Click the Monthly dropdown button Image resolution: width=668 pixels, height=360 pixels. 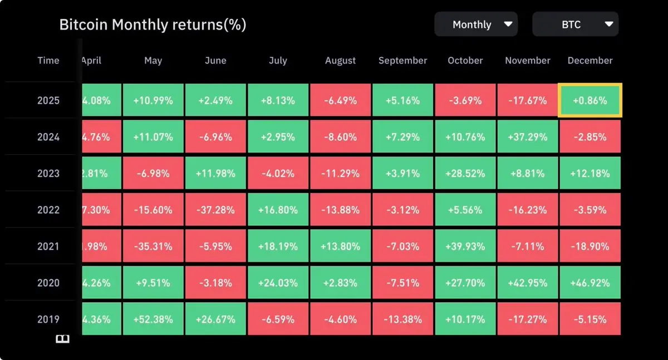pos(476,24)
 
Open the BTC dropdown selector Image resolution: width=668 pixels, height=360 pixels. pos(575,24)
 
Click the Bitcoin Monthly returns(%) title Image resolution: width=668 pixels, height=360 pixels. pos(153,24)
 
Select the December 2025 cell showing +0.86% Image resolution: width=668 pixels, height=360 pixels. pos(590,101)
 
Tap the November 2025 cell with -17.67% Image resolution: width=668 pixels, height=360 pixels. pos(527,101)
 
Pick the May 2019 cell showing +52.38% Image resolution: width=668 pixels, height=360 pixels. pos(153,319)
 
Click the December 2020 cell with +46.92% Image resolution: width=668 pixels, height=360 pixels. pos(590,283)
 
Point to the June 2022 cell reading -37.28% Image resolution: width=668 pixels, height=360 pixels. pos(215,210)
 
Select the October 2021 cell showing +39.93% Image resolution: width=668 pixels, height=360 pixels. pos(465,246)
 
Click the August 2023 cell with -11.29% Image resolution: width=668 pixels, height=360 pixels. pos(340,173)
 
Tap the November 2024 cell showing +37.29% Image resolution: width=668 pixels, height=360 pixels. pos(527,137)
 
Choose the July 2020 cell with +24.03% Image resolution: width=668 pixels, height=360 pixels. pos(278,283)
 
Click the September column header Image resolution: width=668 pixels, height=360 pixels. pos(402,61)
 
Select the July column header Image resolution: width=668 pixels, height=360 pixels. pos(278,61)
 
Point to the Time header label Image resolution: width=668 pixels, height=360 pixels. pos(48,61)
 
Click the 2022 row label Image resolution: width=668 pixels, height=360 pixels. pos(48,210)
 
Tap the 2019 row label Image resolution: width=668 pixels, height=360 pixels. pos(48,319)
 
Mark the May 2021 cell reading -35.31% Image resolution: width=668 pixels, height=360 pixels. pos(153,246)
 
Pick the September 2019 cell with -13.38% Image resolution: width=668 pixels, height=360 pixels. pos(402,319)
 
